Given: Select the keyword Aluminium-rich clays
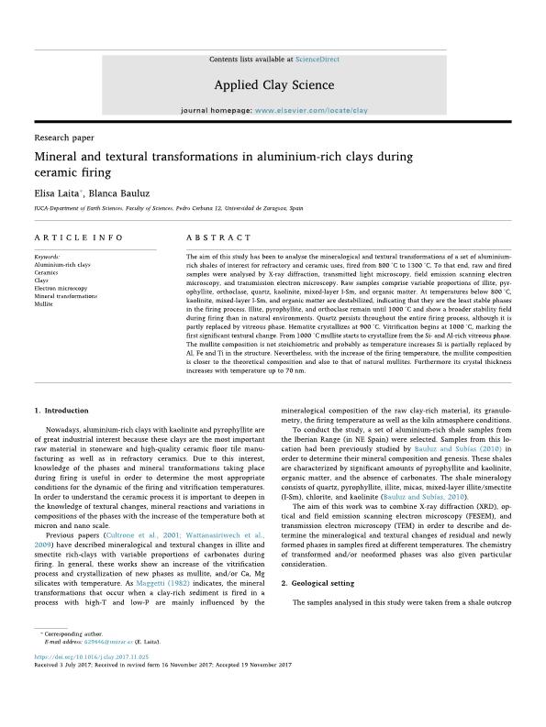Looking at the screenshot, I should pos(62,264).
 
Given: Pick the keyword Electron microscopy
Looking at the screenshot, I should pos(61,289).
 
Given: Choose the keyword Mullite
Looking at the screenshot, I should pos(45,303).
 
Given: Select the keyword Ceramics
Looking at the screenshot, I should pos(47,272).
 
